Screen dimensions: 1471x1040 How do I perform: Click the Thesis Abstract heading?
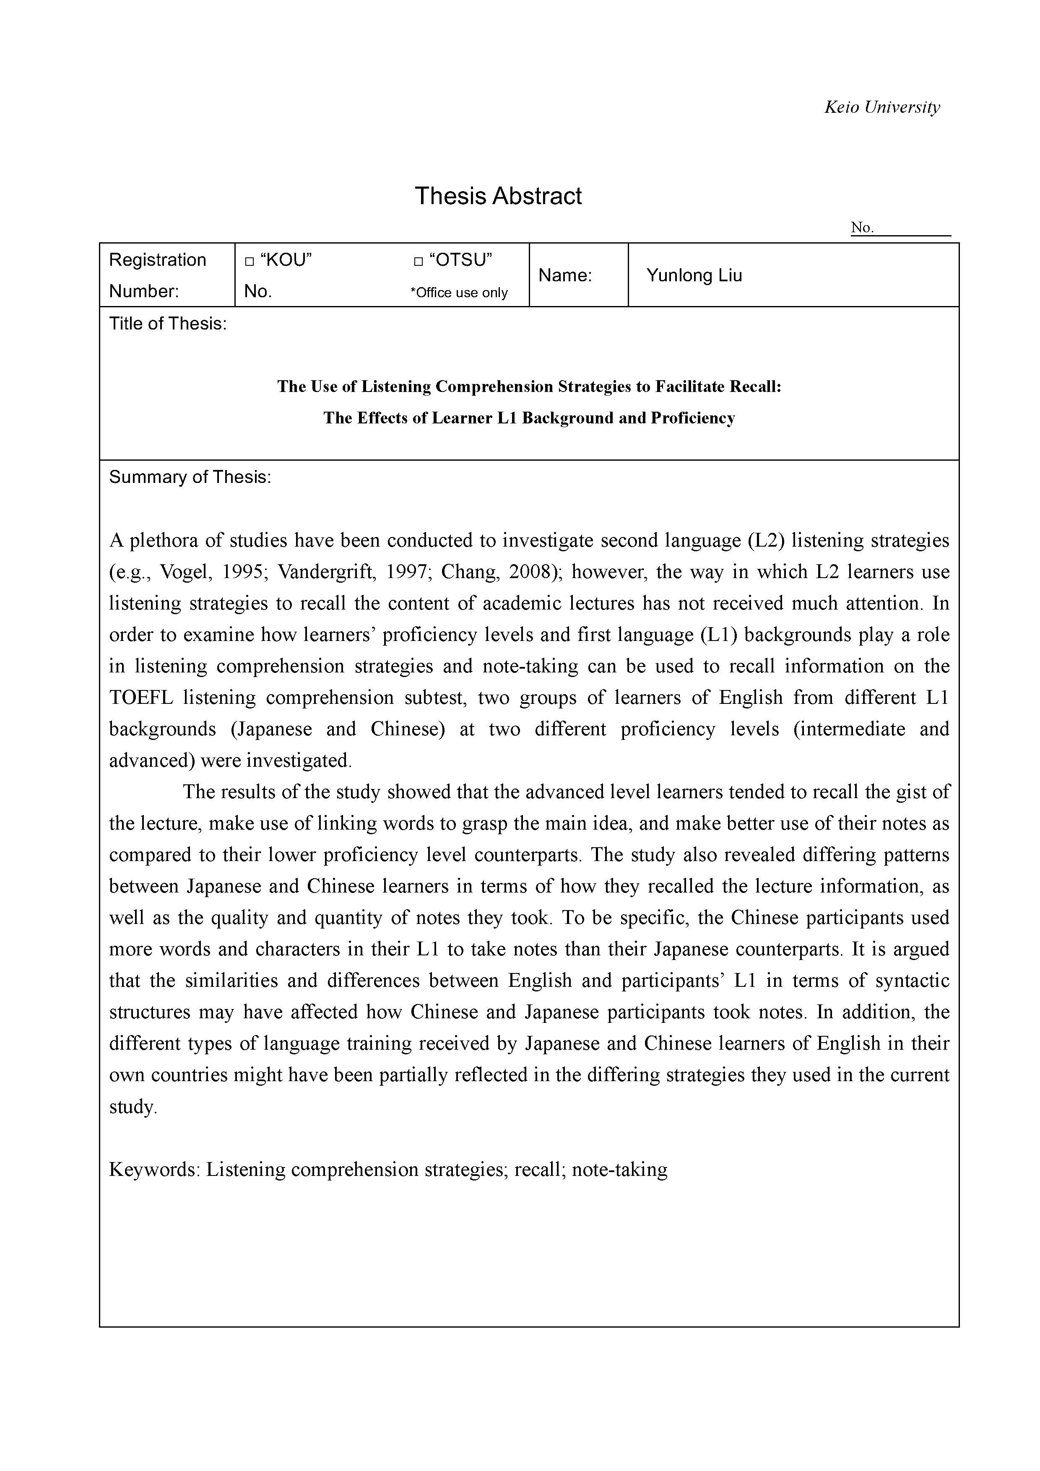click(498, 196)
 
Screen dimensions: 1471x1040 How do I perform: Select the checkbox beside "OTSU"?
click(419, 262)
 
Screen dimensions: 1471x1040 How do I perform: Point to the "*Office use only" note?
click(459, 293)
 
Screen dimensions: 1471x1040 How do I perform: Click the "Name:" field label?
click(564, 275)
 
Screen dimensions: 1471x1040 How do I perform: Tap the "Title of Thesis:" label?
click(168, 324)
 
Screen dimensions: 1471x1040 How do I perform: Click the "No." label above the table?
click(862, 228)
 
